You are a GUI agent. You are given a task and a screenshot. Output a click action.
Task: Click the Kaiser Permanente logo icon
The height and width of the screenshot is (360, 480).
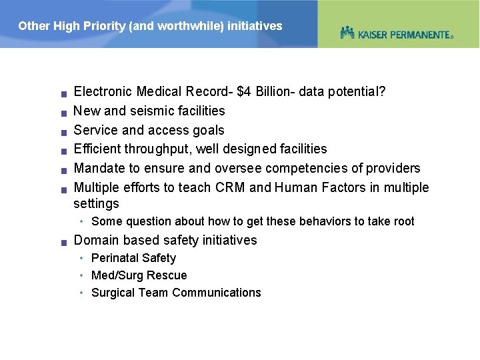point(347,33)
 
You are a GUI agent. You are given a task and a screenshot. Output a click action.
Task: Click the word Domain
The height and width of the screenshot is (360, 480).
point(96,240)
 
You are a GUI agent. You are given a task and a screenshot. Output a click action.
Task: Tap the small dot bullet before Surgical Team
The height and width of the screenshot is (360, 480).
point(80,293)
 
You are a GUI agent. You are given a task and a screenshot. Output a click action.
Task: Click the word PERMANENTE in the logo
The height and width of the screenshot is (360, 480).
point(421,34)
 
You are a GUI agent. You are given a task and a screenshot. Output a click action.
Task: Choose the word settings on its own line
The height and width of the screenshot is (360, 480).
point(96,203)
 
